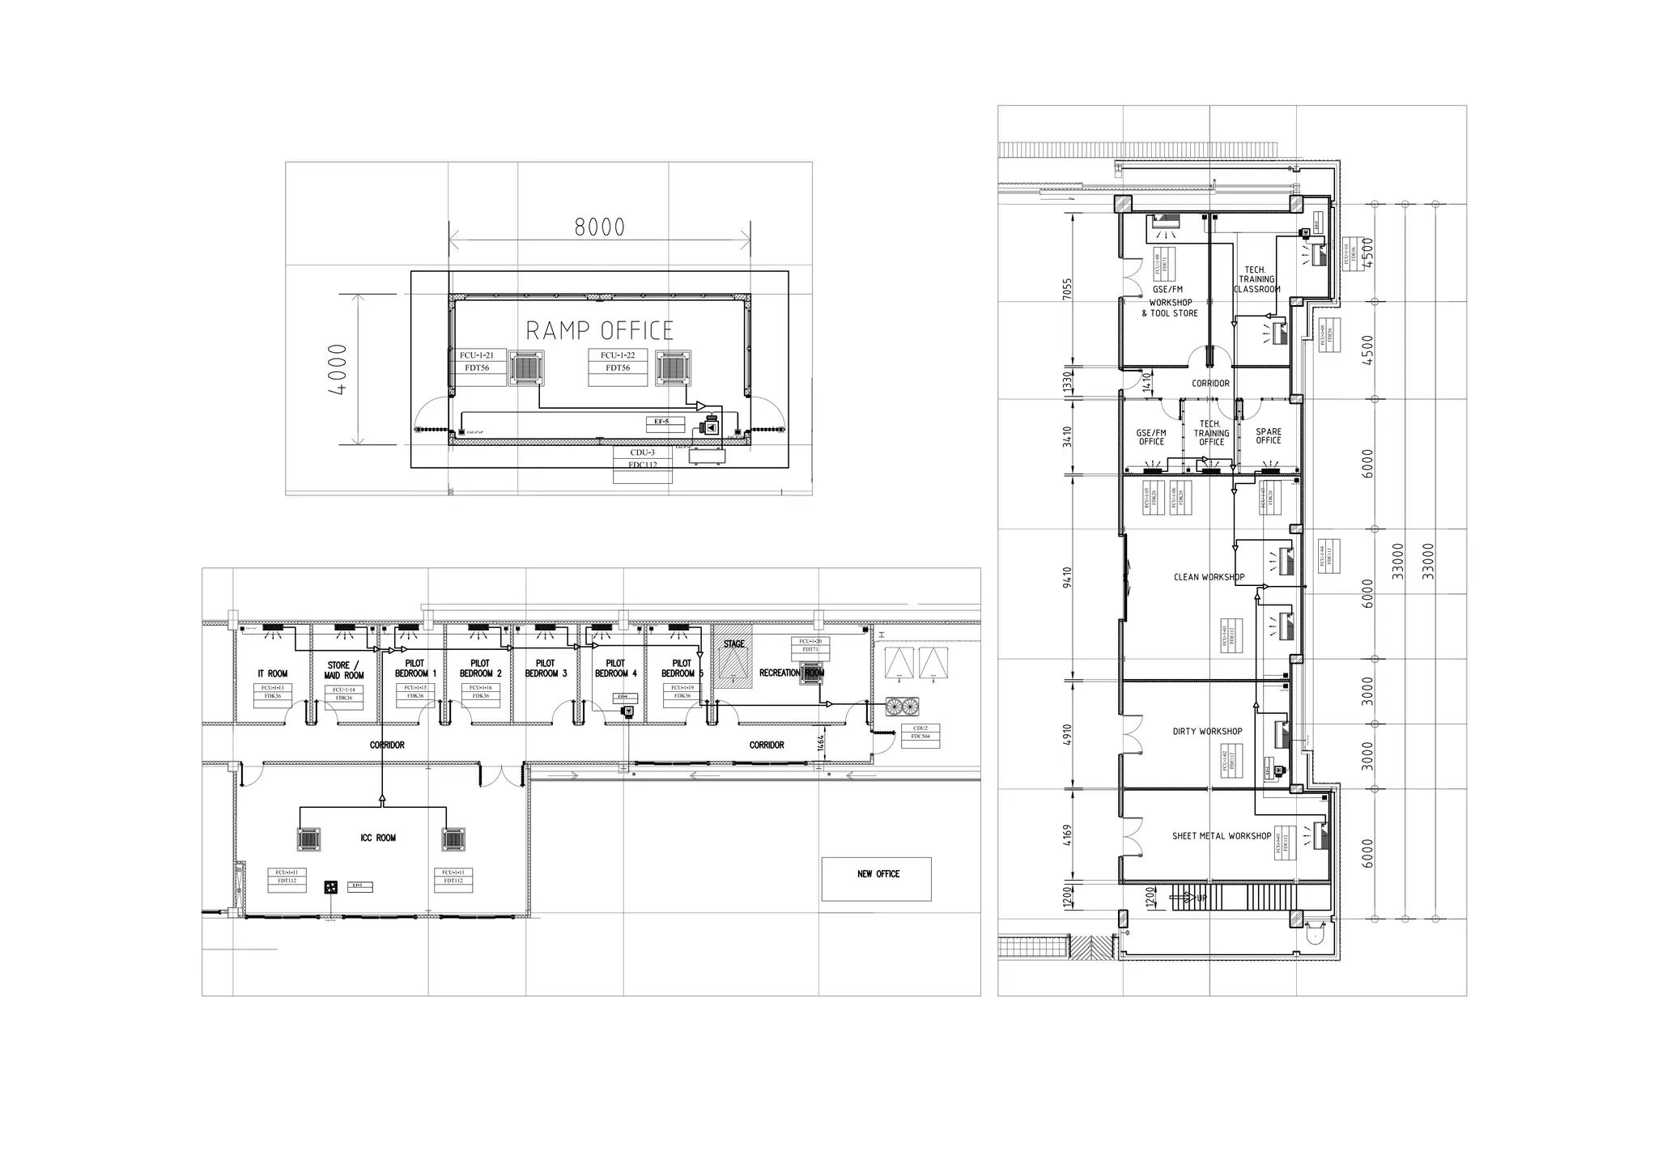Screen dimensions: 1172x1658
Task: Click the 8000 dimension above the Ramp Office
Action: click(x=600, y=227)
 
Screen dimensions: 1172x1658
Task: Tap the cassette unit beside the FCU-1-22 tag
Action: click(x=673, y=368)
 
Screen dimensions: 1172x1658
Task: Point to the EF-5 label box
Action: click(x=662, y=422)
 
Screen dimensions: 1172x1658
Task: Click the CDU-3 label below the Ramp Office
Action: click(x=642, y=452)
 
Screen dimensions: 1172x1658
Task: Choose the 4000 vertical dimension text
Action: click(x=338, y=370)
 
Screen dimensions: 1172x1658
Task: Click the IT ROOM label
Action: click(x=273, y=673)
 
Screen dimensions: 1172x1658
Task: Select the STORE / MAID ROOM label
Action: click(x=344, y=670)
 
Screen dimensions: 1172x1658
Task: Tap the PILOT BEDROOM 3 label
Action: click(x=546, y=669)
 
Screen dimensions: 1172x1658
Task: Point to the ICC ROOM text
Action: click(x=378, y=838)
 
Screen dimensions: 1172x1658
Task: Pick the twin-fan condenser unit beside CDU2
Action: click(x=903, y=706)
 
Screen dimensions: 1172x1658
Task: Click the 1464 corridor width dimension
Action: click(x=821, y=743)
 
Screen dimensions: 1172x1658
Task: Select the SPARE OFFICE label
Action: click(x=1269, y=435)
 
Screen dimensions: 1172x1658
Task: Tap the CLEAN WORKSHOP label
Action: click(x=1209, y=577)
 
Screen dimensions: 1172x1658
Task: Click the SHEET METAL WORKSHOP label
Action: click(x=1222, y=836)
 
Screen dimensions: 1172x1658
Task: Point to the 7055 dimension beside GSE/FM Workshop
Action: click(x=1067, y=289)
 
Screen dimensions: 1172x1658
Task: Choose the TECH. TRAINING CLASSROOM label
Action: click(x=1256, y=279)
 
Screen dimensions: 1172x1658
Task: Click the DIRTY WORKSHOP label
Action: click(x=1207, y=731)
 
